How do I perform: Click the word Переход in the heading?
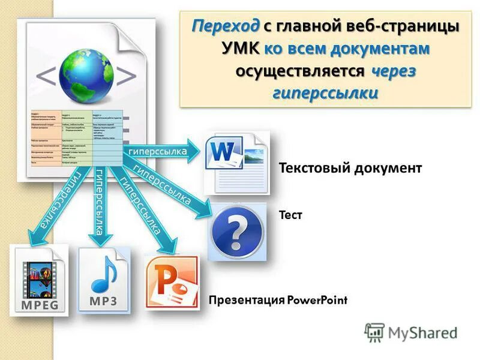coord(226,26)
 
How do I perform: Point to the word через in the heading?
coord(394,71)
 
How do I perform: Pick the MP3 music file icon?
coord(103,278)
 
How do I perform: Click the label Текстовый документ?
coord(350,168)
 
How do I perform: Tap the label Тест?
coord(290,214)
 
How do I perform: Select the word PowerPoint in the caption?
coord(317,300)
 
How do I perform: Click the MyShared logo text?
coord(422,332)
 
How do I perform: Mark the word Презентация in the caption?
coord(246,300)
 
